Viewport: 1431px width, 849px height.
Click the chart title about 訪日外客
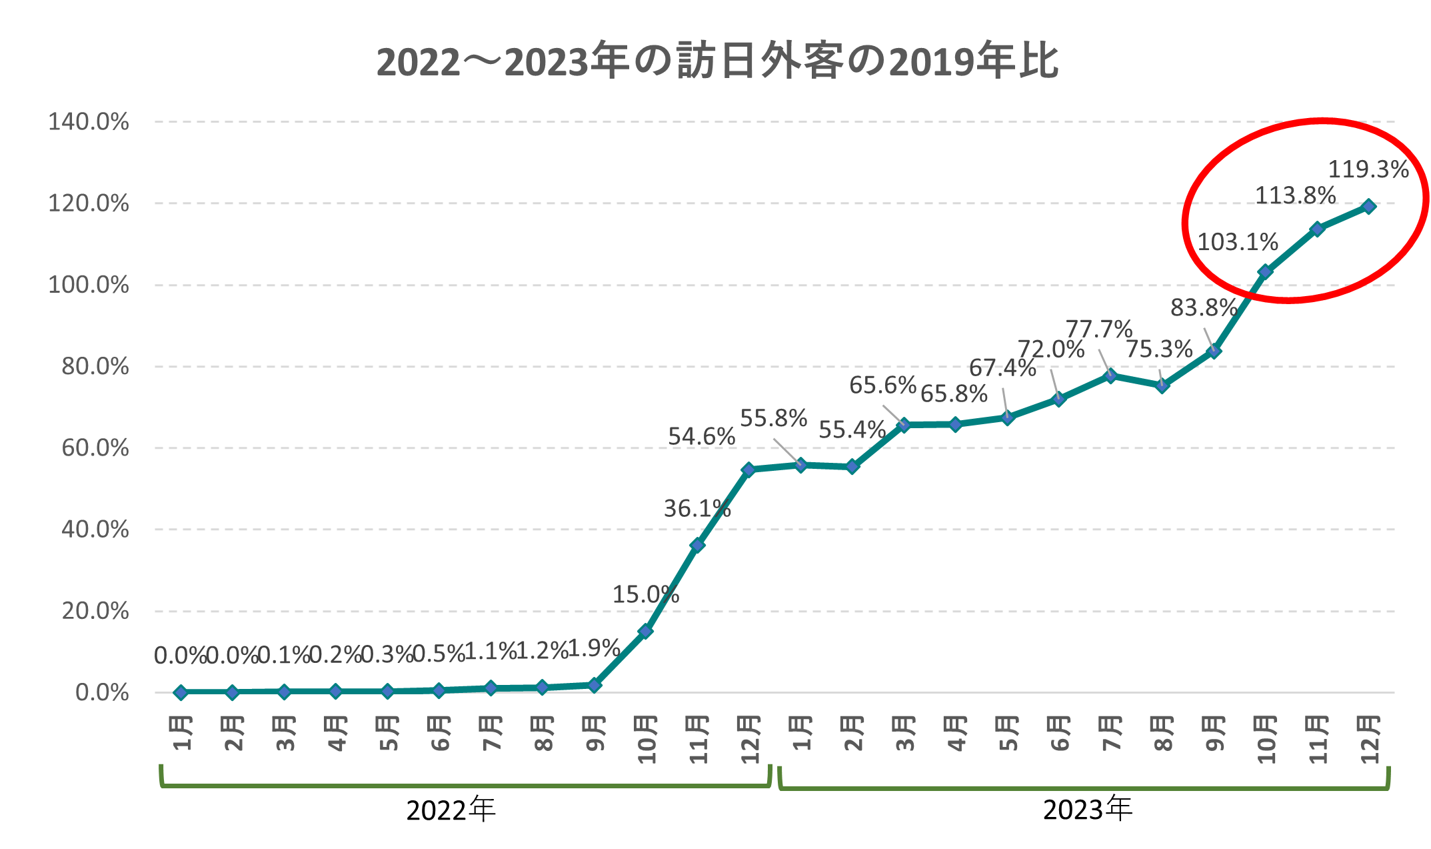pyautogui.click(x=717, y=61)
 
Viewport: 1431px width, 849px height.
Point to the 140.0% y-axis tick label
pyautogui.click(x=89, y=122)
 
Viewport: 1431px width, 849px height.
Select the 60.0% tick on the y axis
pyautogui.click(x=95, y=448)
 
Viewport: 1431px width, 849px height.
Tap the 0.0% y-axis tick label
pyautogui.click(x=102, y=692)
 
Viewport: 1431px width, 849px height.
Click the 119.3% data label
pyautogui.click(x=1368, y=170)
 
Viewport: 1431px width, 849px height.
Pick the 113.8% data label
pyautogui.click(x=1295, y=196)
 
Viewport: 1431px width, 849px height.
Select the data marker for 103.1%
pyautogui.click(x=1265, y=271)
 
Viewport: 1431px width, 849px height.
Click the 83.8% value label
pyautogui.click(x=1204, y=308)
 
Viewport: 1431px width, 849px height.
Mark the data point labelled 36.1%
pyautogui.click(x=697, y=545)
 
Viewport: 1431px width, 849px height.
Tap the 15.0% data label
pyautogui.click(x=645, y=594)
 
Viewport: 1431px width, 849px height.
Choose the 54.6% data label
pyautogui.click(x=701, y=437)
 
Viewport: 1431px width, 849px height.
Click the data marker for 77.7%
pyautogui.click(x=1110, y=375)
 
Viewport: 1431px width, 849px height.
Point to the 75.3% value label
pyautogui.click(x=1159, y=349)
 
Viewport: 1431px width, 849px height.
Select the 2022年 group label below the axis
pyautogui.click(x=451, y=810)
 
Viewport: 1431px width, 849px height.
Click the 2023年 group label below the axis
pyautogui.click(x=1087, y=810)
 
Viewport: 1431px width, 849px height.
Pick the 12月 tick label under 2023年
pyautogui.click(x=1369, y=739)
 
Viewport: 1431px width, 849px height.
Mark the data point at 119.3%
pyautogui.click(x=1369, y=206)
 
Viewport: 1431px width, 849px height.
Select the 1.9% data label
pyautogui.click(x=593, y=648)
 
